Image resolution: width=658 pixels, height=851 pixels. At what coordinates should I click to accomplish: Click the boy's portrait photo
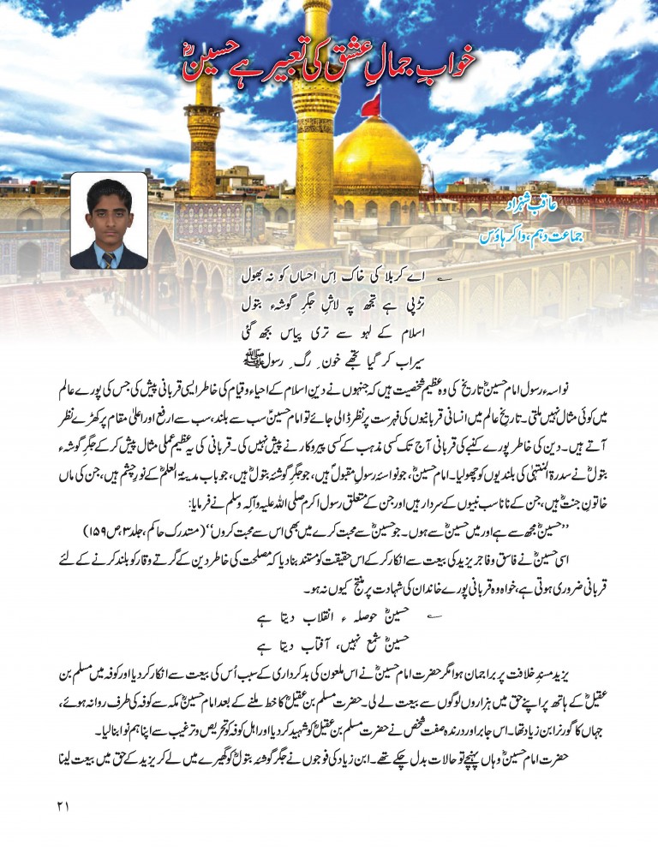coord(108,221)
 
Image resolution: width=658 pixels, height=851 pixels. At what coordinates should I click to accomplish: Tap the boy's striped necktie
coord(108,259)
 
